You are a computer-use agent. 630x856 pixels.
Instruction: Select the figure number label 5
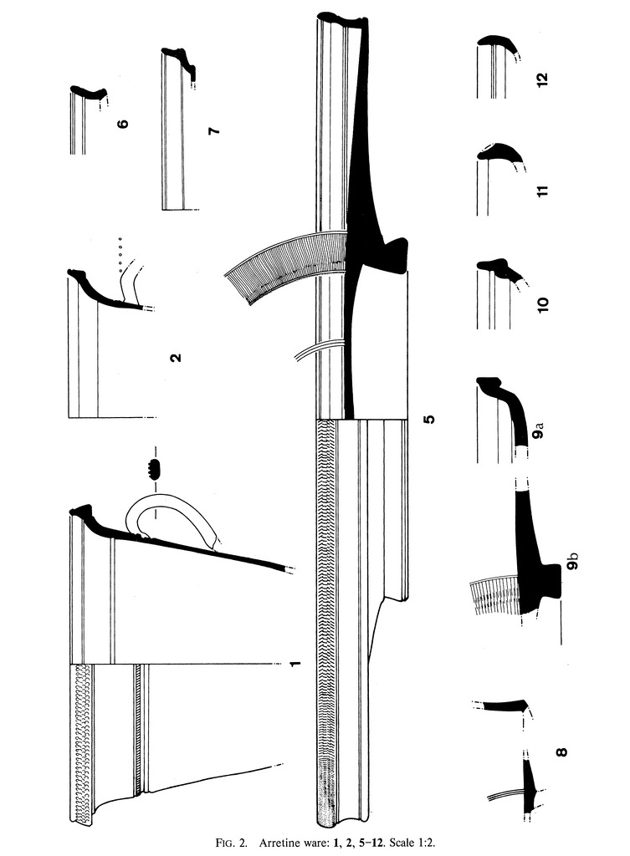point(429,419)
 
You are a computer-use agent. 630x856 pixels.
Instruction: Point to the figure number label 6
point(123,124)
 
